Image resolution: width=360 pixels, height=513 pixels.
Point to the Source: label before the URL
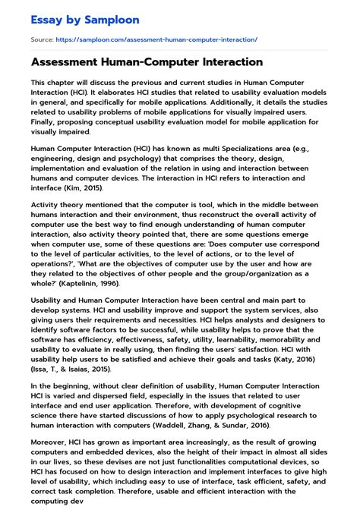click(41, 38)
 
